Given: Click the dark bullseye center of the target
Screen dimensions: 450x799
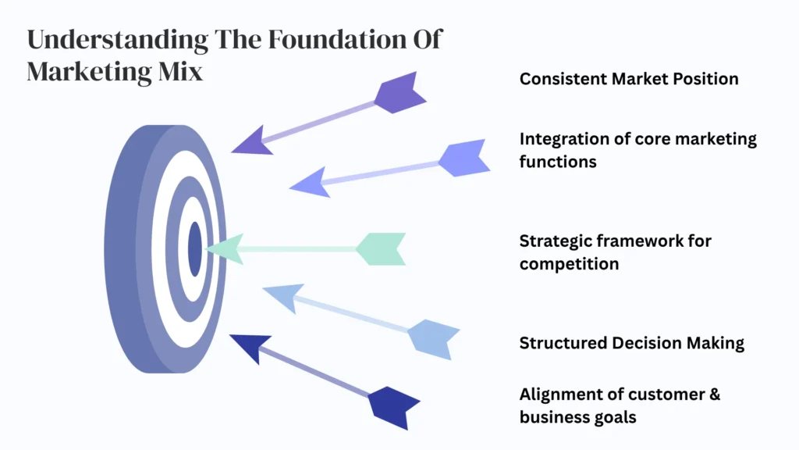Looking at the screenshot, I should click(195, 248).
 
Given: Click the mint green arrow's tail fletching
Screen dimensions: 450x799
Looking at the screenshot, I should click(382, 248).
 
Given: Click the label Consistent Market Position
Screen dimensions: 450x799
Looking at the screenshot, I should click(629, 79).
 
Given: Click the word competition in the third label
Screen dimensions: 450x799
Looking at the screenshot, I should click(569, 263).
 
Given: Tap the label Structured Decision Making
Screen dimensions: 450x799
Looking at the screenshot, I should click(631, 343).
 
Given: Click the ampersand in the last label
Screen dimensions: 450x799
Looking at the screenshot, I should click(713, 394).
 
